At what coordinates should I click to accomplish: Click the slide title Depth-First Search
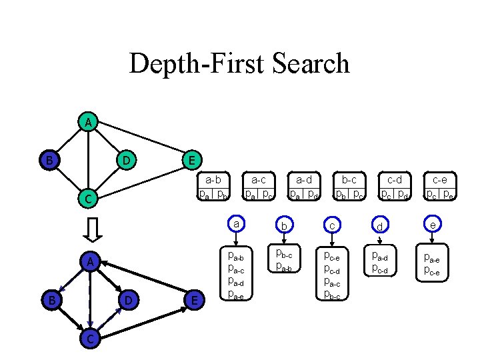(x=239, y=64)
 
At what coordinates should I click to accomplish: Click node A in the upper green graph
(x=87, y=122)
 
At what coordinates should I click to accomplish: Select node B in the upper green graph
(x=49, y=160)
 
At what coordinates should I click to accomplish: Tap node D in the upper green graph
(x=124, y=160)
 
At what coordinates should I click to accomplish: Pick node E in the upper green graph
(x=191, y=160)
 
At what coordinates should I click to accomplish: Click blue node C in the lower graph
(x=87, y=338)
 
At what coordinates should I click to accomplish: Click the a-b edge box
(x=213, y=187)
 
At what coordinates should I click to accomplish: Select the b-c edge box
(x=349, y=187)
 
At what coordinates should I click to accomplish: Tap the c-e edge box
(x=439, y=187)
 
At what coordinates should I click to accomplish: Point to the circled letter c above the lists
(x=331, y=226)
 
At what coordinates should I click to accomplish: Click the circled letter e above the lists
(x=433, y=225)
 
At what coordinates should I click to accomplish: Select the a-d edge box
(x=303, y=187)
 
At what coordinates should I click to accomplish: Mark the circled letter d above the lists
(x=379, y=227)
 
